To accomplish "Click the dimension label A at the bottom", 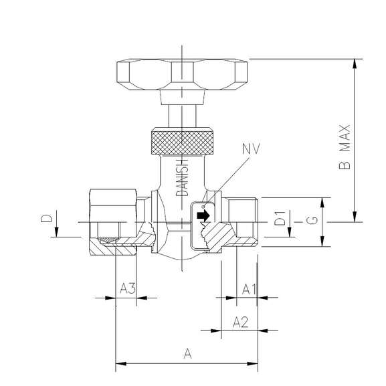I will tap(187, 353).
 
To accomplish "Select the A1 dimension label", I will tap(249, 289).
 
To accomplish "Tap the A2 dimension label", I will tap(241, 322).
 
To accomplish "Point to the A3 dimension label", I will tap(128, 289).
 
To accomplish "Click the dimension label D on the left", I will tap(46, 218).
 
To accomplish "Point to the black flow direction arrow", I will tap(203, 215).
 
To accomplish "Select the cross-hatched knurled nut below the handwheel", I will tap(181, 140).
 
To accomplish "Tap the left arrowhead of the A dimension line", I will tap(120, 365).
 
